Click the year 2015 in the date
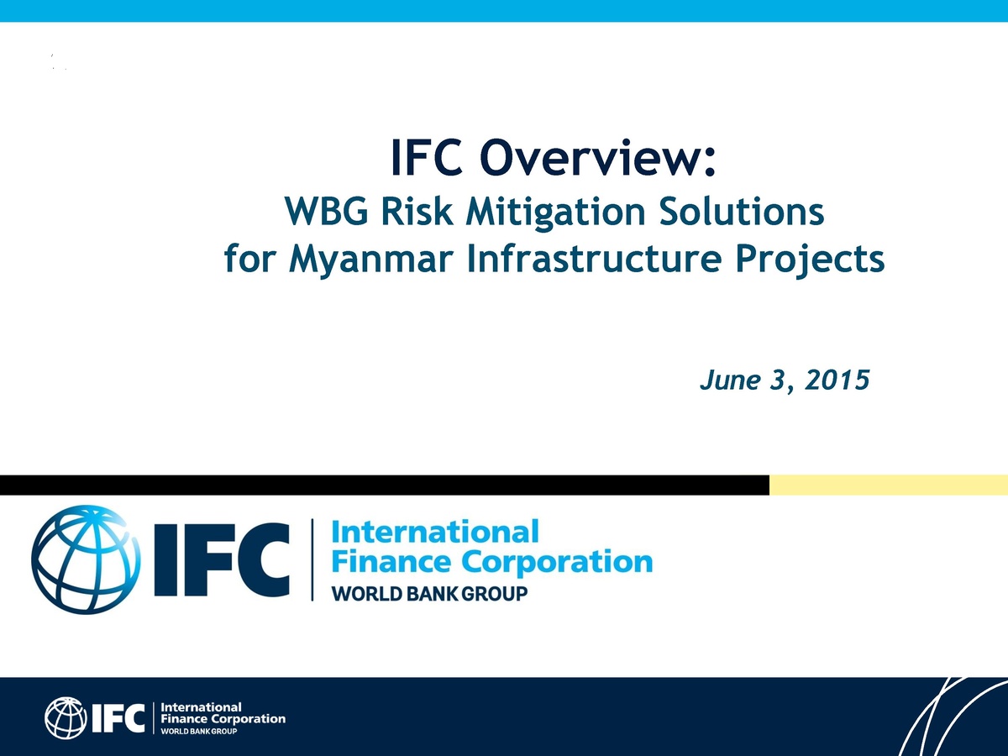(835, 381)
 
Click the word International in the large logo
(435, 533)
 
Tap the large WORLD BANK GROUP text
(430, 594)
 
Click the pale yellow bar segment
(888, 485)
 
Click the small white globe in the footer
(66, 718)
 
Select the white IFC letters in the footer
(118, 718)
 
